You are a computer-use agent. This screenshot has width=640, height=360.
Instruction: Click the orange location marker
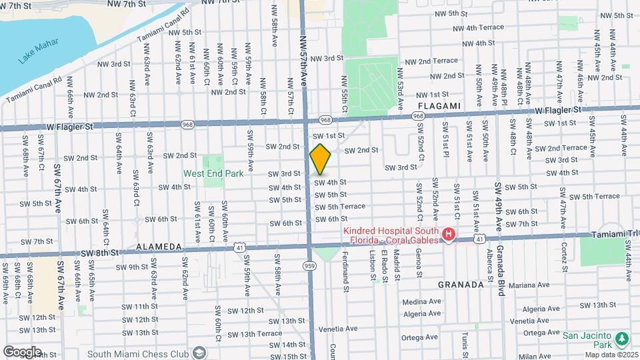point(320,159)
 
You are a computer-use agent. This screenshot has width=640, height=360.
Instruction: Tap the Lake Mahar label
point(33,53)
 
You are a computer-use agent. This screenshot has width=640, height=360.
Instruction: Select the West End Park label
point(213,173)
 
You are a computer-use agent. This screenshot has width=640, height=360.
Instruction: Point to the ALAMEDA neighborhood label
point(159,247)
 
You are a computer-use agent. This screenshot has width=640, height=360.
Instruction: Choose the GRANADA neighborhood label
point(460,284)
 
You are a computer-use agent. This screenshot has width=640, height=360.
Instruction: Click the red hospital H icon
point(448,235)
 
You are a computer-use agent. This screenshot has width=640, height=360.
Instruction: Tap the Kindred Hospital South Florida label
point(391,235)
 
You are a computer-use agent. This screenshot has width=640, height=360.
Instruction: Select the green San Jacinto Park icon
point(621,339)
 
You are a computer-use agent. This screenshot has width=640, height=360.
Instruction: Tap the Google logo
point(22,351)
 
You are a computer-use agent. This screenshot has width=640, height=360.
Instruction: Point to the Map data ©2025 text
point(612,355)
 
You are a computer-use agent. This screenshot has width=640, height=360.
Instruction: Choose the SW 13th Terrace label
point(255,333)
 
